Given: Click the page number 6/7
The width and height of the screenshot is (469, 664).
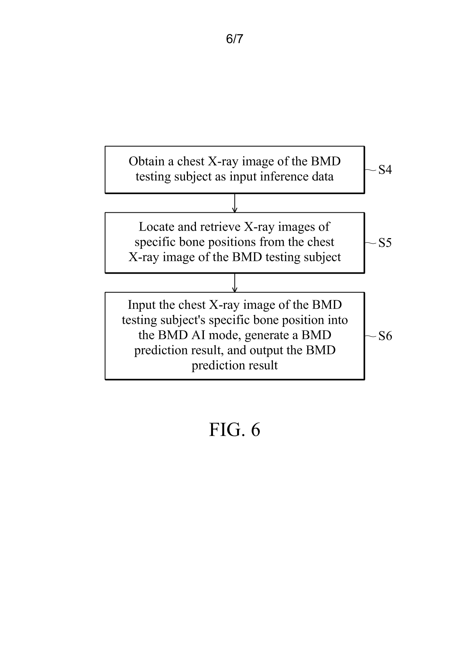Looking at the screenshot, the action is tap(234, 39).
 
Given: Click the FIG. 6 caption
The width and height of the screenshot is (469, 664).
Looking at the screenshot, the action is tap(234, 430).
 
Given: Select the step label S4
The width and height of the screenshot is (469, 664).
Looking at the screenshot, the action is tap(385, 170).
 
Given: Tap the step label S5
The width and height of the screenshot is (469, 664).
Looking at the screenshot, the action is tap(385, 243).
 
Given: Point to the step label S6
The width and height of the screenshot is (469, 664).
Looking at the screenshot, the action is tap(385, 336).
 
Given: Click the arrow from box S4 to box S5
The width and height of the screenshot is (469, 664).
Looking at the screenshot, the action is tap(234, 203).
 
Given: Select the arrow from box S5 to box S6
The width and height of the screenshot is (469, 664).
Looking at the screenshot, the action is tap(234, 282).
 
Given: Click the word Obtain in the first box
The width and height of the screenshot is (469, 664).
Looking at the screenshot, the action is tap(147, 162).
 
